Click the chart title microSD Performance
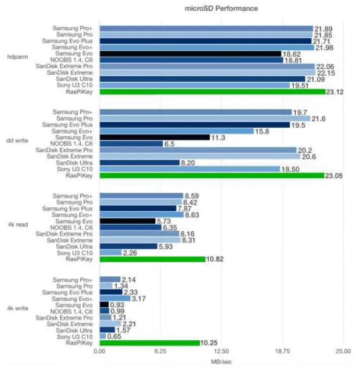(221, 8)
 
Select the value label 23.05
(334, 176)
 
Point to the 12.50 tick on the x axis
(221, 351)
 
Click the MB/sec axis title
(221, 361)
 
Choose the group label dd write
(17, 141)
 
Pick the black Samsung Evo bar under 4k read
(127, 221)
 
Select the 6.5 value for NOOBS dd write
(169, 144)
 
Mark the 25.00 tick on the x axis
(343, 351)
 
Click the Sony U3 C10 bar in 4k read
(110, 252)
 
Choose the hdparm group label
(17, 57)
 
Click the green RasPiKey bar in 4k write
(149, 343)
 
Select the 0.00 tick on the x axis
(100, 351)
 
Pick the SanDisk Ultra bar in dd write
(139, 163)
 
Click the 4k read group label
(17, 224)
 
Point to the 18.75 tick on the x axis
(282, 351)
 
